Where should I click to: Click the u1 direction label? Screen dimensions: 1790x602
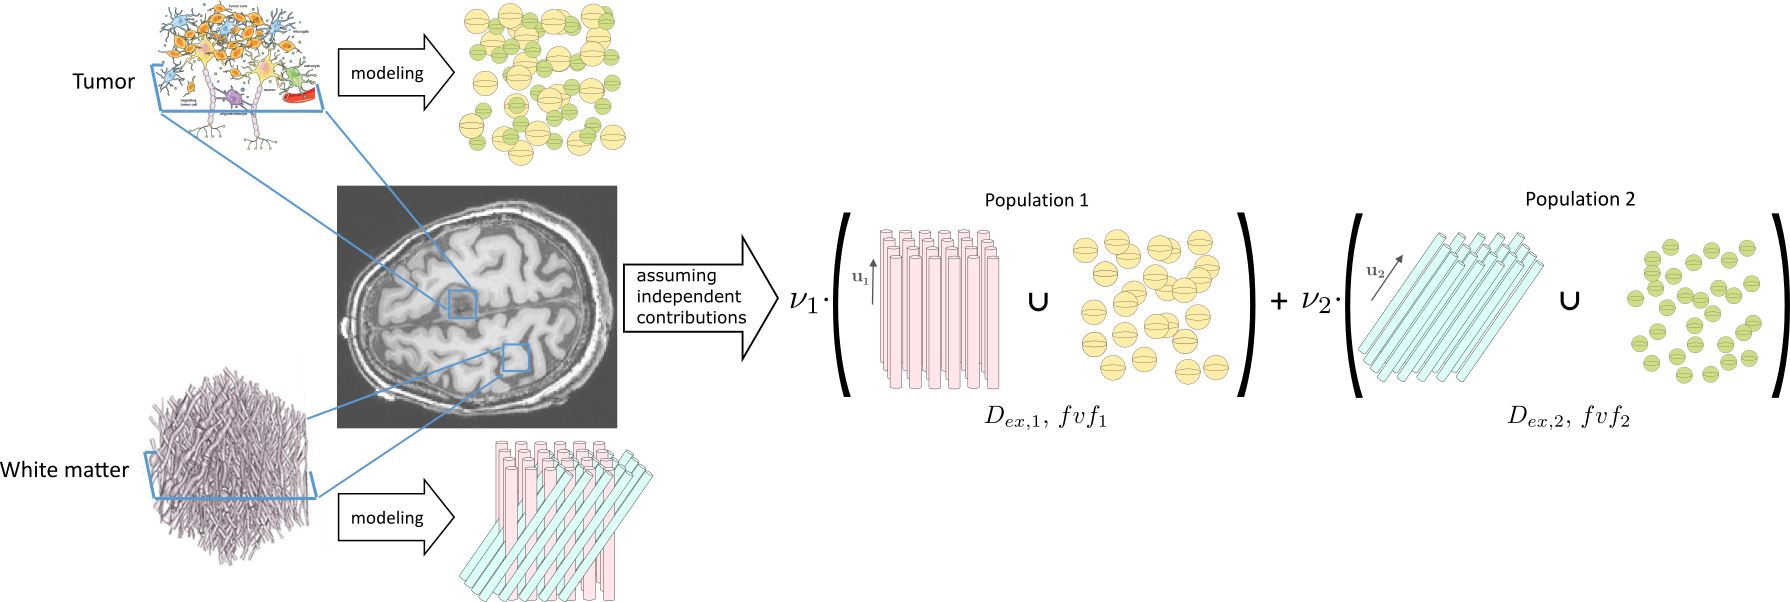point(860,278)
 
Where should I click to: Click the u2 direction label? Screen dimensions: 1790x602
point(1376,272)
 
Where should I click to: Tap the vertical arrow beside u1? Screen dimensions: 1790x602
point(873,280)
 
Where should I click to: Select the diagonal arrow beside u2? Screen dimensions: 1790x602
point(1387,277)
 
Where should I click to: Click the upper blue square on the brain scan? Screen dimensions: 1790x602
point(462,303)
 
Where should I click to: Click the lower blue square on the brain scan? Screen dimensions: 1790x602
point(516,357)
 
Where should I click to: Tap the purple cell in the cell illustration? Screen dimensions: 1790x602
point(234,97)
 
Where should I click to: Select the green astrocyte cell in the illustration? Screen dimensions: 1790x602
point(293,78)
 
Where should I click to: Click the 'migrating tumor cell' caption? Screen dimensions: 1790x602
point(188,102)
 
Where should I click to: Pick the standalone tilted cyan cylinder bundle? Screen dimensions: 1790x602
point(1451,307)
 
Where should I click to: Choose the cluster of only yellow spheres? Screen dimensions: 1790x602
point(1150,306)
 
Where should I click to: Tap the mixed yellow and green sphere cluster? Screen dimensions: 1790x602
point(541,78)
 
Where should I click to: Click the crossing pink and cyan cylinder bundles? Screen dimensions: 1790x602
point(556,520)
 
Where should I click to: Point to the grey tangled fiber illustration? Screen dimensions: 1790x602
point(231,466)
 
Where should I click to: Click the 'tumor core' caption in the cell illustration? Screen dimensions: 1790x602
point(266,6)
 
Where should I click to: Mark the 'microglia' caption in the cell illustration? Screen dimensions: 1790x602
point(301,32)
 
